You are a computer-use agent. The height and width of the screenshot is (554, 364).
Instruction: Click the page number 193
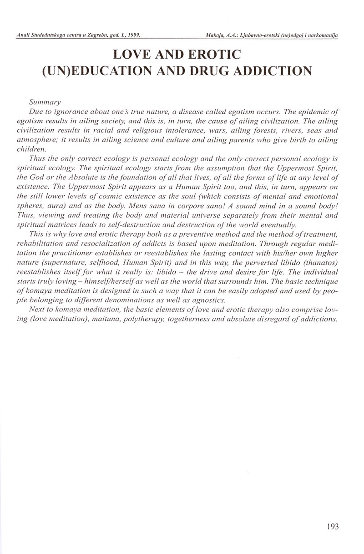tap(333, 527)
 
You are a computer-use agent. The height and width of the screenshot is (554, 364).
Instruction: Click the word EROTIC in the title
tap(214, 55)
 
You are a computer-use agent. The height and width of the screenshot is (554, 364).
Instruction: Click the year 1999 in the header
tap(132, 35)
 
